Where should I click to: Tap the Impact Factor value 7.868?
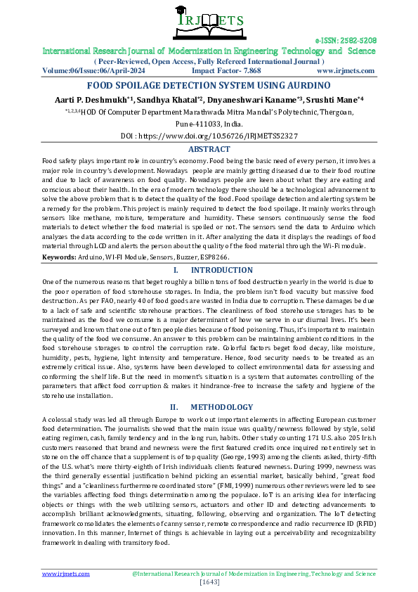click(x=250, y=71)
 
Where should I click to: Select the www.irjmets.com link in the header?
click(x=346, y=71)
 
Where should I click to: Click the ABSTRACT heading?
click(x=209, y=149)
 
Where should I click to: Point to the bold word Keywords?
click(x=59, y=258)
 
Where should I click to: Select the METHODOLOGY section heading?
click(x=221, y=407)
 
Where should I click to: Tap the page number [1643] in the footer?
click(x=209, y=582)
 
